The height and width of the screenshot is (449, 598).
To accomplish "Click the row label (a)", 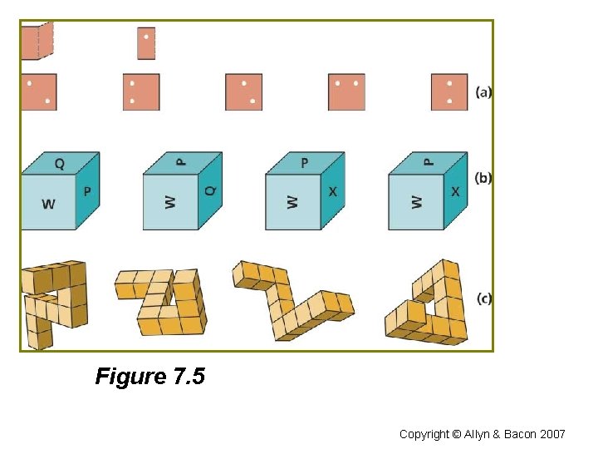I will (483, 92).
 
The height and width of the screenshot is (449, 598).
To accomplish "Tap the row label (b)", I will (483, 177).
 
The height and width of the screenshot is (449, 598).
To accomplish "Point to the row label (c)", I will (483, 298).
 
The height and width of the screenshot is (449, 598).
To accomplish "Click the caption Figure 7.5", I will (149, 377).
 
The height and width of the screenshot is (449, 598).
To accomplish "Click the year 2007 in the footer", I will (551, 434).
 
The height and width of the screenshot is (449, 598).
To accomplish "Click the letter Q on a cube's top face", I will (59, 164).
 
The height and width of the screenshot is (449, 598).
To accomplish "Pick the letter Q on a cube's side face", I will (209, 190).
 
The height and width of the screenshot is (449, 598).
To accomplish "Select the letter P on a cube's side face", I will (87, 191).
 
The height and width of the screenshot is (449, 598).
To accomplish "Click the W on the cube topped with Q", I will (48, 203).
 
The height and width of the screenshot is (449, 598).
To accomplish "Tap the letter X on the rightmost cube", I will (455, 191).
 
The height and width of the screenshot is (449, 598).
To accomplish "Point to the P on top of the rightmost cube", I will (429, 162).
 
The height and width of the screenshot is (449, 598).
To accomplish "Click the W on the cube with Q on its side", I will (170, 202).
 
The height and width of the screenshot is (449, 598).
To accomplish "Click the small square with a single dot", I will (146, 43).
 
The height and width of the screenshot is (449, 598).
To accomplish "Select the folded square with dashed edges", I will (37, 42).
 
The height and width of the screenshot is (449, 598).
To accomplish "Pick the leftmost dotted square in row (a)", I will (38, 92).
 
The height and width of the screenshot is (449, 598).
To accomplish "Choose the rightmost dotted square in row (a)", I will (449, 92).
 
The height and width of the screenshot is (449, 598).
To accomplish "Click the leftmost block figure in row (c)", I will (53, 303).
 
